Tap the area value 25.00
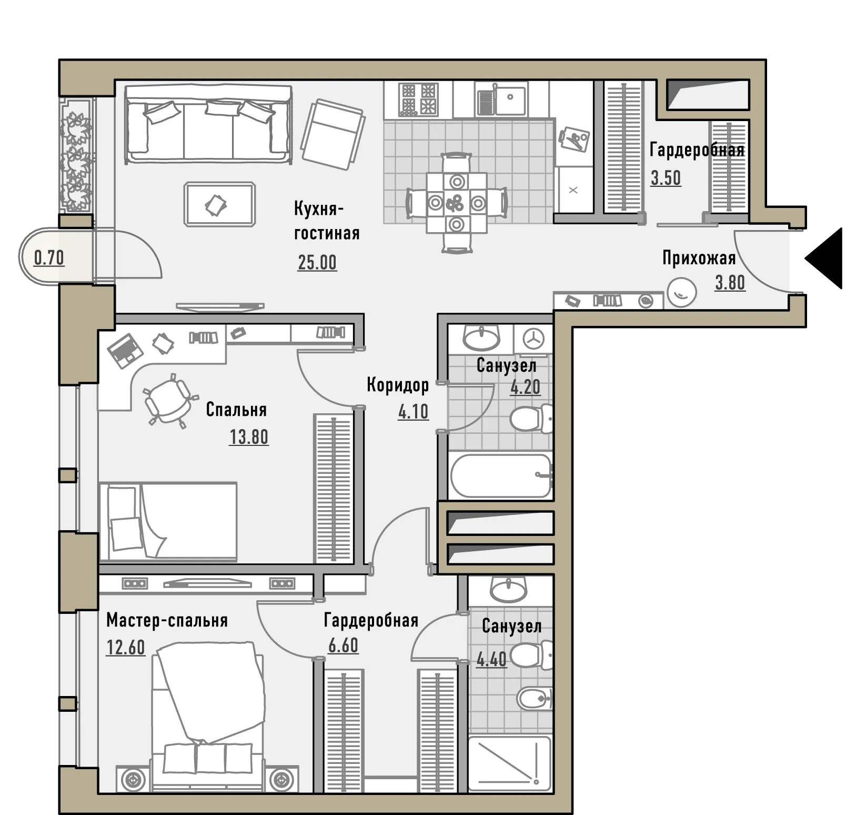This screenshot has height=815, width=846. [x=317, y=262]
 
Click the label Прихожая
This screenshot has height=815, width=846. [x=699, y=259]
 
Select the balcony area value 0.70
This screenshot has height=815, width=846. [x=49, y=258]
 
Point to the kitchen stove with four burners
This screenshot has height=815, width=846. [x=418, y=99]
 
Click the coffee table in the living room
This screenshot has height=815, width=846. [x=220, y=204]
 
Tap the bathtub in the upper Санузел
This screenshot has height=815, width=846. [x=500, y=475]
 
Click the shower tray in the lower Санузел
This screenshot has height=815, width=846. [x=509, y=763]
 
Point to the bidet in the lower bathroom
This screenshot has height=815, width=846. [x=535, y=699]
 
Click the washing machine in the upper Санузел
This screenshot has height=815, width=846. [x=533, y=339]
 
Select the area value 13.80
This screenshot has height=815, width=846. [x=249, y=437]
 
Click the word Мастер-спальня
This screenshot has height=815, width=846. [x=167, y=620]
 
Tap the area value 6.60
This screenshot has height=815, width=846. [x=343, y=645]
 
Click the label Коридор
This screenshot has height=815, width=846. [x=398, y=385]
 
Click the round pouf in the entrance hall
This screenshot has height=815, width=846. [x=682, y=292]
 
